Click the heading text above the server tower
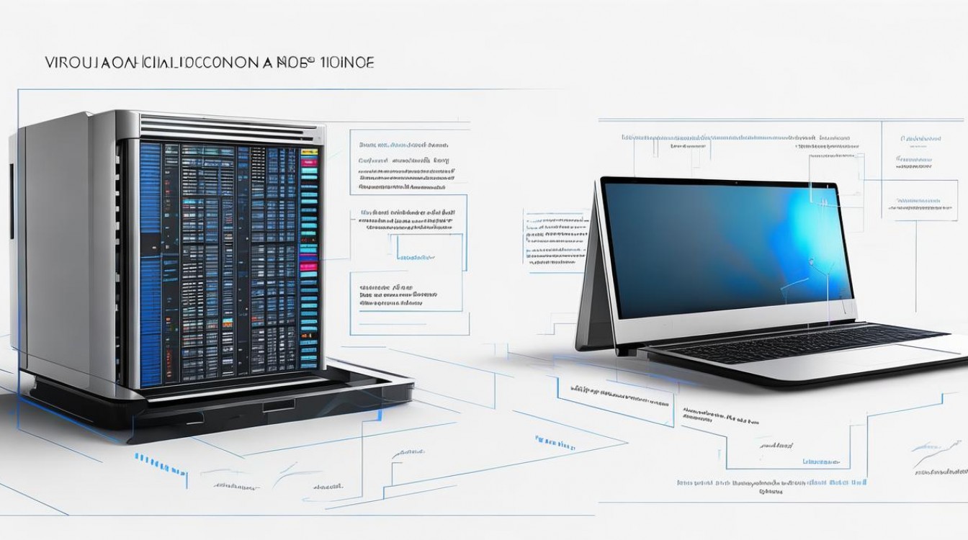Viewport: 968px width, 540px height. [209, 63]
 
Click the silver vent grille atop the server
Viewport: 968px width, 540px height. [230, 129]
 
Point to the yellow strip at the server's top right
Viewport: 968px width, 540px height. [309, 153]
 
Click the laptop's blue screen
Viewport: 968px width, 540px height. [720, 248]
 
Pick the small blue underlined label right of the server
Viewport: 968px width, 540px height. [416, 256]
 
